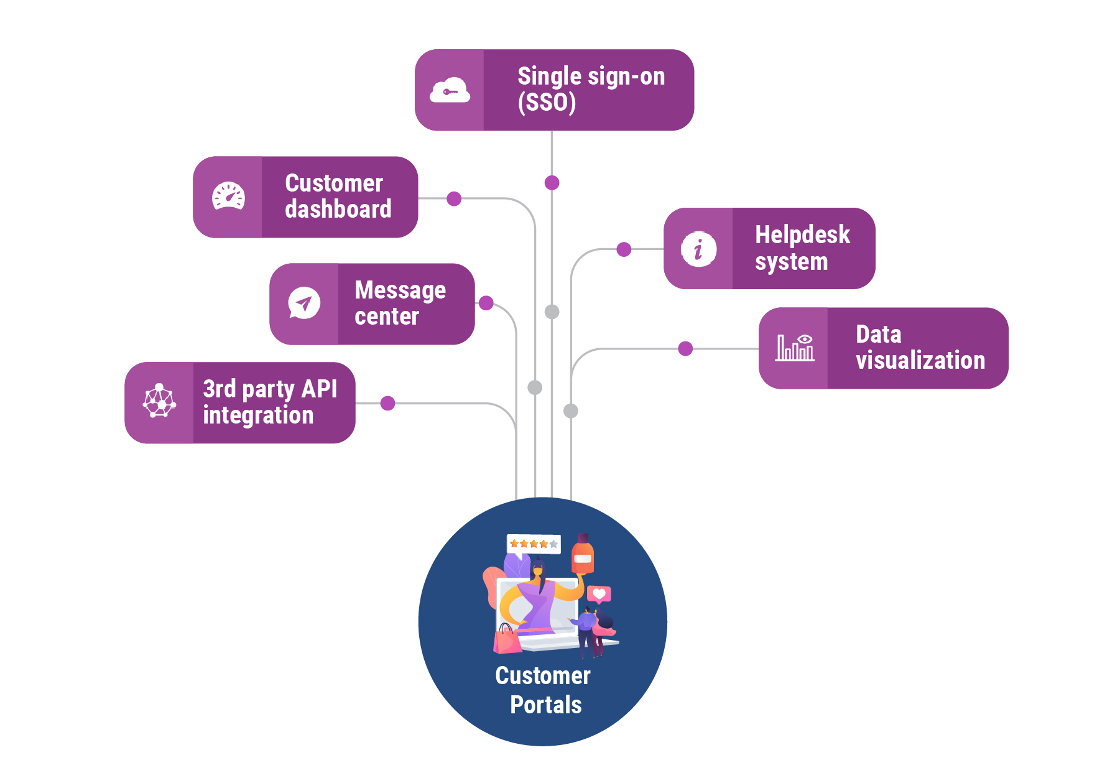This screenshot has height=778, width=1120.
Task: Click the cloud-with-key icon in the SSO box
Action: click(450, 91)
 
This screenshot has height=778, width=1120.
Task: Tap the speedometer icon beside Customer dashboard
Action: click(228, 197)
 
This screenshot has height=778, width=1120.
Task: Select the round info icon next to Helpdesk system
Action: click(698, 249)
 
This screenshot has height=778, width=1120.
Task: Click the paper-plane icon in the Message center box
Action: click(304, 303)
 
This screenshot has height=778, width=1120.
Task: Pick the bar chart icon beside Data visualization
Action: click(795, 348)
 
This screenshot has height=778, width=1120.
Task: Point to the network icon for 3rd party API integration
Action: click(159, 401)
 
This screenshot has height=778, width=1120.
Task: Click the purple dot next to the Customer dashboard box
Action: click(454, 199)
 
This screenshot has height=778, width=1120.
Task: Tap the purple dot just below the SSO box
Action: click(552, 183)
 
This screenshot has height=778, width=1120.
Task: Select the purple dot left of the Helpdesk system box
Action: click(624, 249)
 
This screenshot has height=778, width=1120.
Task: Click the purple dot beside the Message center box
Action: click(486, 303)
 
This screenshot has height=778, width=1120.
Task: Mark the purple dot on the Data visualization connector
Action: click(685, 349)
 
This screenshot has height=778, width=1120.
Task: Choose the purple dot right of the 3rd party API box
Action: click(387, 404)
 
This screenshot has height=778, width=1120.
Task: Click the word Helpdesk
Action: click(802, 235)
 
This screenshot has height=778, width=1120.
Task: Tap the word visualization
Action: click(920, 361)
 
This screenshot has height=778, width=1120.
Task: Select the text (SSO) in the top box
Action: click(547, 103)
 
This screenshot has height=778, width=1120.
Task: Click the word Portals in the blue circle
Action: click(545, 705)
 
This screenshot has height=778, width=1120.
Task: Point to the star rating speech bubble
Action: click(534, 544)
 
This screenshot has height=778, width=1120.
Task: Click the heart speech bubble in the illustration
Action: click(599, 594)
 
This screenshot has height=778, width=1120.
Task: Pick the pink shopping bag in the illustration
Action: click(507, 640)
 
